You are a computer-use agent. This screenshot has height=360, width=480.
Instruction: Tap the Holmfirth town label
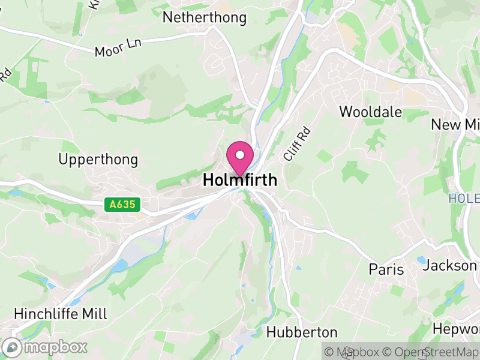click(x=240, y=179)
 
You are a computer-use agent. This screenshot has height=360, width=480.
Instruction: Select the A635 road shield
click(x=122, y=205)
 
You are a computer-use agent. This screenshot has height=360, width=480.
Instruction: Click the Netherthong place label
click(x=205, y=17)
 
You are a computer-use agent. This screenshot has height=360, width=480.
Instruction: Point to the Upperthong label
click(x=98, y=160)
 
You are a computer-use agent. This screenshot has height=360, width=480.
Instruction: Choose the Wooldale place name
click(x=370, y=112)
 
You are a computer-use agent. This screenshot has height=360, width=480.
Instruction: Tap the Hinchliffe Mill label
click(x=60, y=314)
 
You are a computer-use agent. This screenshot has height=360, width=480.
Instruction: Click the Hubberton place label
click(x=302, y=332)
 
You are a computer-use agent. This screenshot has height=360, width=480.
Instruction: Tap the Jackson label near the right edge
click(x=451, y=265)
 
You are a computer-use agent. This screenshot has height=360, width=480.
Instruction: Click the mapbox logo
click(x=45, y=347)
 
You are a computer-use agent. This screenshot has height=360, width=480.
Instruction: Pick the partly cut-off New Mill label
click(x=455, y=124)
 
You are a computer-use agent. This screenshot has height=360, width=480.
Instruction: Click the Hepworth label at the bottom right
click(x=455, y=329)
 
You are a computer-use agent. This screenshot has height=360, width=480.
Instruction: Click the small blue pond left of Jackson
click(x=421, y=260)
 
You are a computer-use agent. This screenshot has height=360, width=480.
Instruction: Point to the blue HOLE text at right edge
click(x=464, y=198)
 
